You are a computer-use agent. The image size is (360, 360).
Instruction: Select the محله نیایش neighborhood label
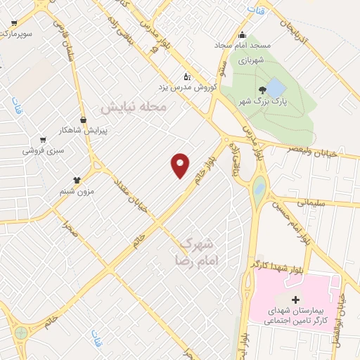click(133, 108)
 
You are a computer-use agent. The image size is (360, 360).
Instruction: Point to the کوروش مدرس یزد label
click(187, 87)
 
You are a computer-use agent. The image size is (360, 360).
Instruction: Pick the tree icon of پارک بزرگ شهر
click(262, 89)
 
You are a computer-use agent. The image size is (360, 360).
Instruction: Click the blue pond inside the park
click(276, 88)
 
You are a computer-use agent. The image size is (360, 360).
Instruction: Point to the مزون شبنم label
click(76, 191)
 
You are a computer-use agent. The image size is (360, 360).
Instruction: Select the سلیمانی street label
click(311, 202)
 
